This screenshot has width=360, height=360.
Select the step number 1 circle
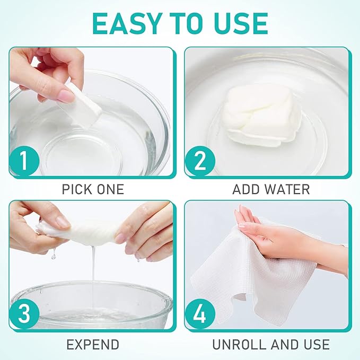pos(24,161)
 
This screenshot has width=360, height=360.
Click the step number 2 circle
pos(200,161)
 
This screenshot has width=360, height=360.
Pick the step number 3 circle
pos(24,314)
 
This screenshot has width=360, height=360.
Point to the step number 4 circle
pos(200,314)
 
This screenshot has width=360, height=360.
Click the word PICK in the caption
pos(77,189)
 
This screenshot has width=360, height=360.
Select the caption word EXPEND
pos(93,345)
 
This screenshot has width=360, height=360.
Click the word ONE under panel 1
pos(110,189)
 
